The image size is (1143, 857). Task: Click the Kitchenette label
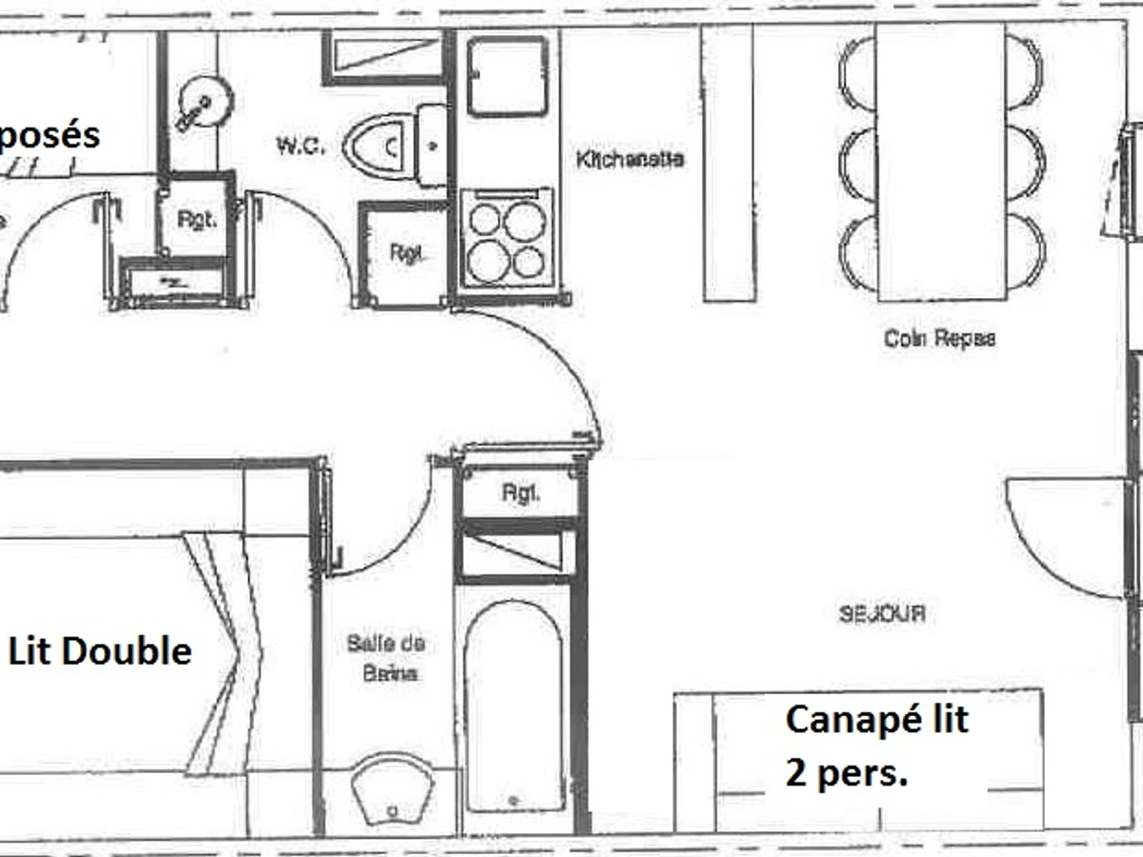[x=630, y=159]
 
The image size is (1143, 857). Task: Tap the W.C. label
[x=301, y=146]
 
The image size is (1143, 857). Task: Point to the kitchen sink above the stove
[x=507, y=75]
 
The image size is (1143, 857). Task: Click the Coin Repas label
[x=939, y=338]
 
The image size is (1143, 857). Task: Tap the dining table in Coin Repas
[x=940, y=162]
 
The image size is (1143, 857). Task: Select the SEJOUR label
[x=882, y=614]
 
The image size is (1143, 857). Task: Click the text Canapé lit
[x=876, y=719]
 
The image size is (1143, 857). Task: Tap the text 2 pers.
[x=846, y=774]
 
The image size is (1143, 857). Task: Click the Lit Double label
[x=100, y=651]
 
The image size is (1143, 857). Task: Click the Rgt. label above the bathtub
[x=520, y=494]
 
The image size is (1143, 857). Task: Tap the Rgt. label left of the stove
[x=406, y=254]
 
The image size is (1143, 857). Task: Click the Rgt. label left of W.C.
[x=196, y=219]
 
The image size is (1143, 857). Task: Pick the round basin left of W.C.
[x=203, y=100]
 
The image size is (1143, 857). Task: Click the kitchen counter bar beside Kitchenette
[x=729, y=162]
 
